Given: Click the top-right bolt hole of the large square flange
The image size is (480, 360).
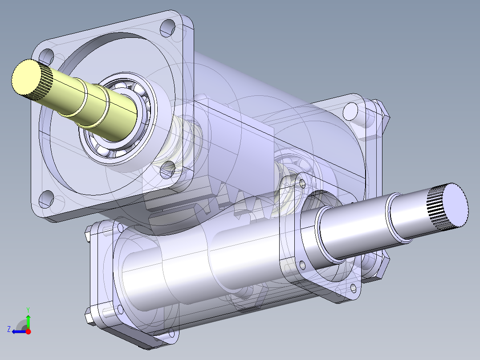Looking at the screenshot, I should (x=167, y=28).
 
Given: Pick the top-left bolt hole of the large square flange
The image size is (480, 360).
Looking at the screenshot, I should (x=46, y=57).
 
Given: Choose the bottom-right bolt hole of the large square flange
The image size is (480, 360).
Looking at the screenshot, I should (x=168, y=168).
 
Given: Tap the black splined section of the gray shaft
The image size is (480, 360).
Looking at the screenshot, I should (x=437, y=209).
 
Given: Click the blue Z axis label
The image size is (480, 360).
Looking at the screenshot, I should (x=8, y=329).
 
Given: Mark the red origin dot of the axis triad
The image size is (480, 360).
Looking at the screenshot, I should (x=28, y=331).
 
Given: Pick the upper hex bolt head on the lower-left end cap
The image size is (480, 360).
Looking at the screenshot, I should (x=88, y=232).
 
